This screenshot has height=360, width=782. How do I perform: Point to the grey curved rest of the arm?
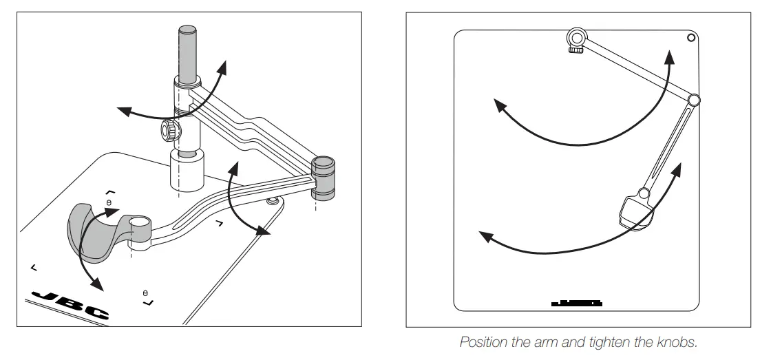pos(92,234)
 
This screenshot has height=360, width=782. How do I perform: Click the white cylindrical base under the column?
pos(186,171)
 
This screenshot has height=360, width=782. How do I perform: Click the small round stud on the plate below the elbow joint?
pos(273,200)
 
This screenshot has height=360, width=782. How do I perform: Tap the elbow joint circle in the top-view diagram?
pos(693,100)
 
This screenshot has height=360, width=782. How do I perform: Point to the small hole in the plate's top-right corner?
pos(691,39)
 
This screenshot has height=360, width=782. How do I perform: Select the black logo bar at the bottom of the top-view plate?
pos(577,302)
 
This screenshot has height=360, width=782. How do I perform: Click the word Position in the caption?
pos(480,342)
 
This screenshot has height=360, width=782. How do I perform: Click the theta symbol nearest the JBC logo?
pos(145,293)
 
